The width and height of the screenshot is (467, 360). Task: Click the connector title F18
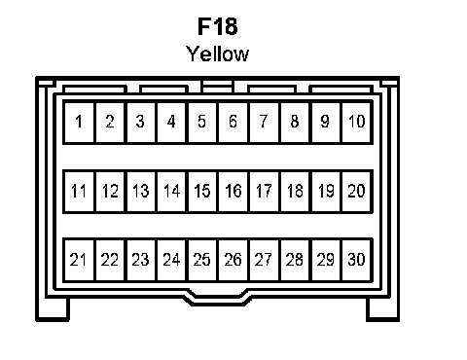click(x=218, y=26)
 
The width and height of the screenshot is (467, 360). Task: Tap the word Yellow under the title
click(x=217, y=54)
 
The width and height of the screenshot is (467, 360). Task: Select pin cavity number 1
click(x=79, y=123)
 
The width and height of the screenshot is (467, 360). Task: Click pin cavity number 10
click(x=356, y=123)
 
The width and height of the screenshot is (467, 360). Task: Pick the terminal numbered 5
click(x=202, y=123)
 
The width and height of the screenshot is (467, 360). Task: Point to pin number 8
click(x=295, y=123)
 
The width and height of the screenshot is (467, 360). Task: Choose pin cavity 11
click(x=79, y=192)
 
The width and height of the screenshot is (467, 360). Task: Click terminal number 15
click(x=202, y=192)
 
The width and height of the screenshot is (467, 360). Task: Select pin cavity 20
click(x=356, y=192)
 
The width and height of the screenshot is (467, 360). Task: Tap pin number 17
click(x=264, y=192)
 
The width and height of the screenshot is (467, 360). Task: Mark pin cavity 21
click(x=79, y=260)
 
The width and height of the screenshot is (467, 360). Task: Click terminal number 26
click(x=233, y=260)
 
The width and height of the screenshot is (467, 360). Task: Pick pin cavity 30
click(x=356, y=260)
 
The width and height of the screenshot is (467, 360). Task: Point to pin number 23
click(x=141, y=260)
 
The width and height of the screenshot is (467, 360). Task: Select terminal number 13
click(x=141, y=192)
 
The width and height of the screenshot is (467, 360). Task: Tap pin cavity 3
click(x=141, y=123)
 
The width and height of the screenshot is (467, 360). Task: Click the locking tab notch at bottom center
click(x=217, y=299)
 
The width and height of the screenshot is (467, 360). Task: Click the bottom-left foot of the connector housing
click(x=53, y=309)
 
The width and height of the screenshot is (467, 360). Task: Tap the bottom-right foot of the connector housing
click(x=382, y=309)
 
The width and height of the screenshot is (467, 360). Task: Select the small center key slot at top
click(x=217, y=86)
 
